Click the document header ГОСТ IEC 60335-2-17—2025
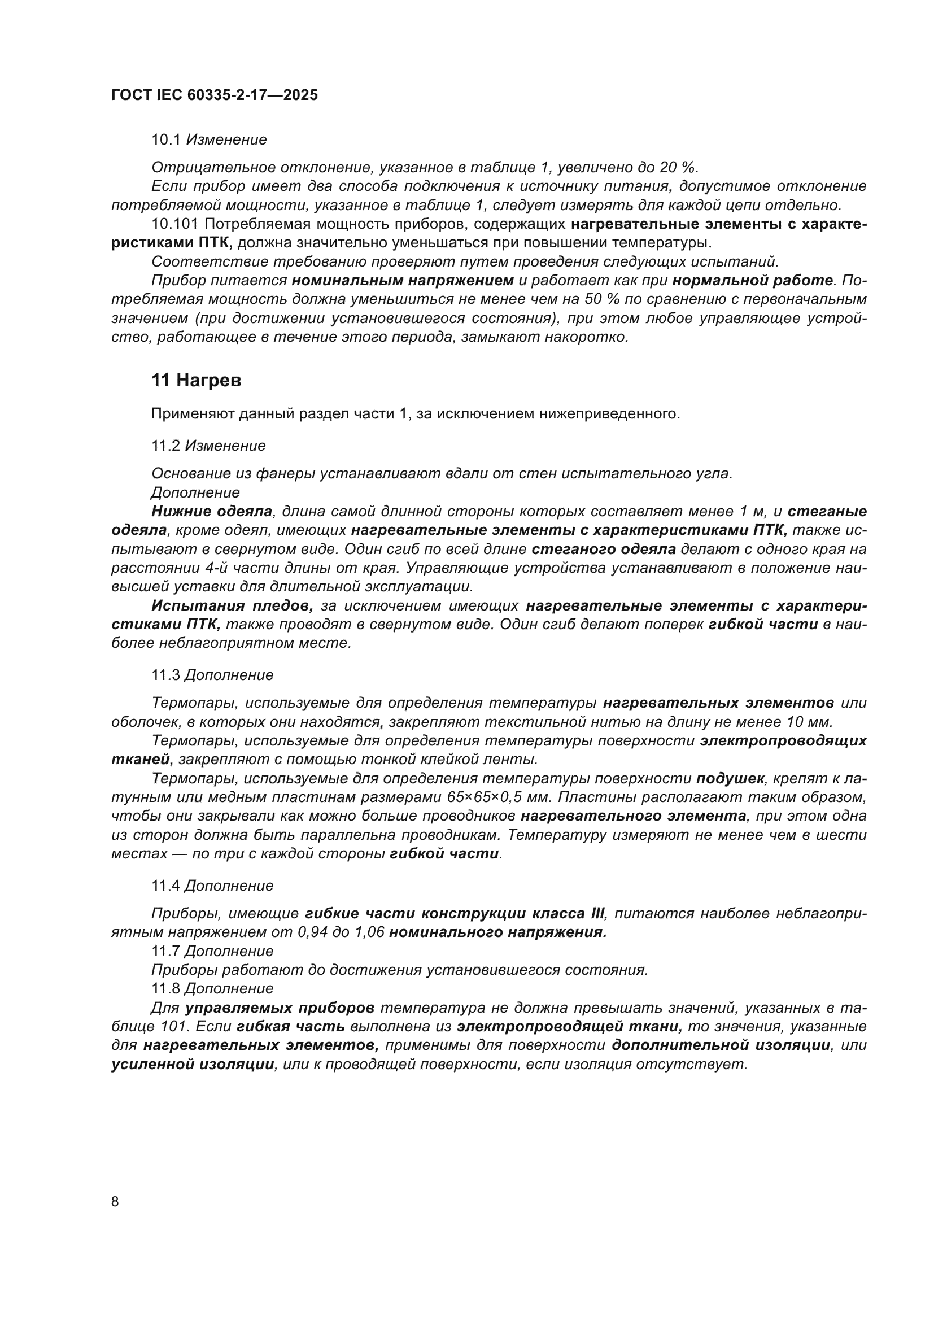pyautogui.click(x=214, y=95)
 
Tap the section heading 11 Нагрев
pyautogui.click(x=196, y=380)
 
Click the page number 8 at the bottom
pyautogui.click(x=115, y=1201)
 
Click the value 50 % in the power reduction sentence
pyautogui.click(x=600, y=299)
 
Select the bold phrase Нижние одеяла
pyautogui.click(x=212, y=512)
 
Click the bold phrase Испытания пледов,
pyautogui.click(x=232, y=606)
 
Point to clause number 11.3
pyautogui.click(x=165, y=675)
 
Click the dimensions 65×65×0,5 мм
pyautogui.click(x=498, y=797)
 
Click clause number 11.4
pyautogui.click(x=165, y=886)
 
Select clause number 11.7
pyautogui.click(x=165, y=951)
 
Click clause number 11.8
pyautogui.click(x=165, y=988)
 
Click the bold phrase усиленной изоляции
pyautogui.click(x=193, y=1065)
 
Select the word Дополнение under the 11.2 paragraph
pyautogui.click(x=195, y=492)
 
